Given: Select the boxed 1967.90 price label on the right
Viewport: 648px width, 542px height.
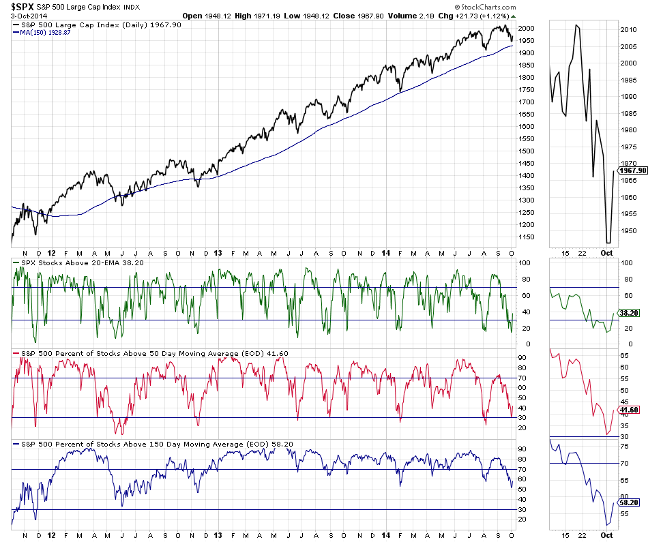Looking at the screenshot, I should [633, 171].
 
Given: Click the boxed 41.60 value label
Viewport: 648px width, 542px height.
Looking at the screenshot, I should [630, 409].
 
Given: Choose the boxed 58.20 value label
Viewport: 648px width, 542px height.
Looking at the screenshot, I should [630, 502].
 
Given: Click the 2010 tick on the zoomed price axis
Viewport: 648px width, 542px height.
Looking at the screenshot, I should [628, 30].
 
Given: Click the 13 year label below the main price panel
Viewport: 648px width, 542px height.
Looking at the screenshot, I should [217, 252].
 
